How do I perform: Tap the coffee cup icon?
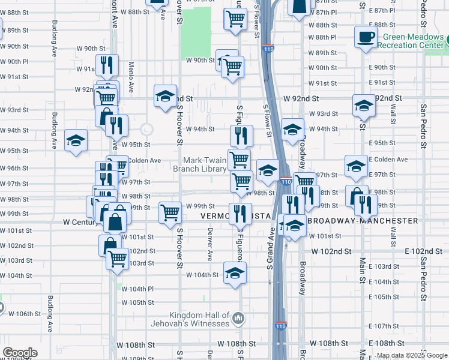tap(365, 38)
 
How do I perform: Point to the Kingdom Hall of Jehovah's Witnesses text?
tap(199, 319)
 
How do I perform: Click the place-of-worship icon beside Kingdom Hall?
tap(238, 317)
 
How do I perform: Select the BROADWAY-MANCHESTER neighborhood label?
tap(364, 221)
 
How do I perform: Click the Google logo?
tap(20, 353)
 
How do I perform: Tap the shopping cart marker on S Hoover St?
tap(170, 212)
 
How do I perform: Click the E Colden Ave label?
tap(388, 160)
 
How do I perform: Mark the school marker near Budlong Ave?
tap(76, 141)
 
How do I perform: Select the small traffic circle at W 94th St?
tap(146, 129)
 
